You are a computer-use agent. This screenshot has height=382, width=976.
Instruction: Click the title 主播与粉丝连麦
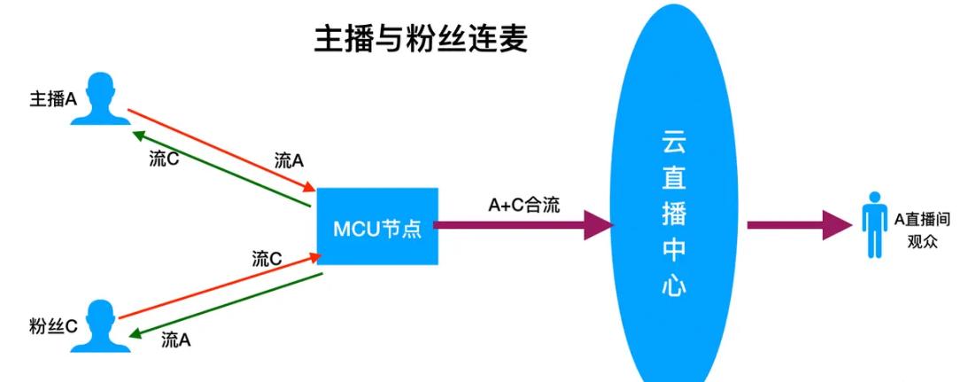[421, 39]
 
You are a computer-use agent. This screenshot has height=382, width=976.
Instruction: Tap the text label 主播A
[54, 98]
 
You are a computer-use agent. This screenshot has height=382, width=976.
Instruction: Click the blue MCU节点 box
[377, 226]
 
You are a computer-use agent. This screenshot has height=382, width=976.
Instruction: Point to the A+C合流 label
[524, 205]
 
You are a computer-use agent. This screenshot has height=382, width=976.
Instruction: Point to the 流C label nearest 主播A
[166, 160]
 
